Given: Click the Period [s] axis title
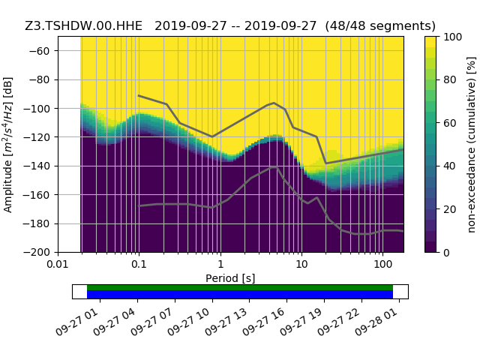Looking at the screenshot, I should click(230, 278).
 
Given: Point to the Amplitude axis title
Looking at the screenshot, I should click(8, 144).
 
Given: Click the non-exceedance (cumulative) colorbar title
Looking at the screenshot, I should click(471, 144).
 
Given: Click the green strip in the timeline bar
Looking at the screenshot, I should click(240, 287).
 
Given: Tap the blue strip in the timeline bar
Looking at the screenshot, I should click(240, 295).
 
